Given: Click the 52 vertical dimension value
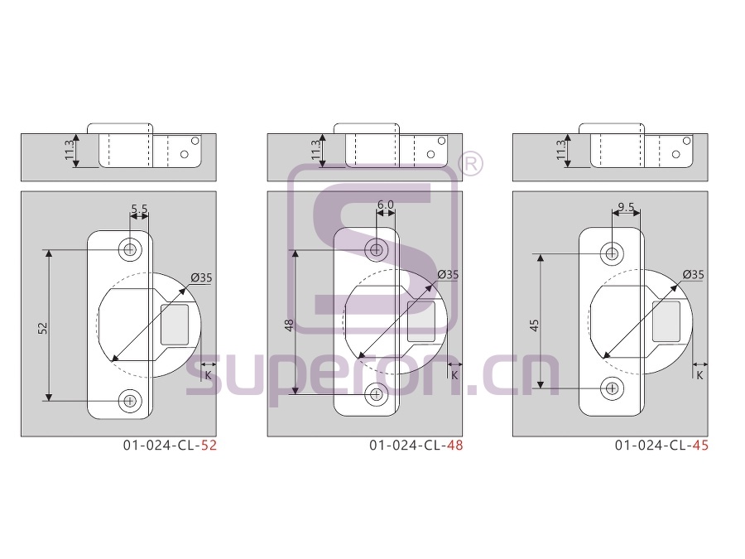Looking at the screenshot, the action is coord(43,327).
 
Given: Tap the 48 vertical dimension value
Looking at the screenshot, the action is coord(289,325).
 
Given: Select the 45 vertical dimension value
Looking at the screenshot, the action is coord(535,325).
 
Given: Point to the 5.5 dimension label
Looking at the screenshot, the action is coord(139,209).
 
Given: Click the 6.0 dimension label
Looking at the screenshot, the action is coord(385,205).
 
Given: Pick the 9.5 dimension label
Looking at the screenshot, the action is coord(626,207).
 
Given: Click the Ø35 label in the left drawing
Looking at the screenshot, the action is coord(201,277).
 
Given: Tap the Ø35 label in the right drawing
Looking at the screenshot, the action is coord(693,274).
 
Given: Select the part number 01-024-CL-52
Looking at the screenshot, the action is coord(170,446).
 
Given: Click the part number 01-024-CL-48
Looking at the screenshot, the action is coord(416,446).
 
